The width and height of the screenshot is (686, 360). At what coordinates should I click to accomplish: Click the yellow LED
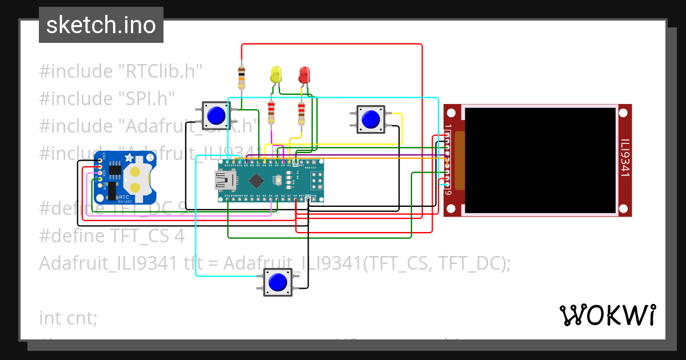[x=276, y=74]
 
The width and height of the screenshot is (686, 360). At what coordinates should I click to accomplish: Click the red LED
[x=304, y=74]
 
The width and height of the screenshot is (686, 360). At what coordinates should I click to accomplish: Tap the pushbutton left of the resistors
[x=216, y=115]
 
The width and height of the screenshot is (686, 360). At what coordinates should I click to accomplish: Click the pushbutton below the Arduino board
[x=278, y=282]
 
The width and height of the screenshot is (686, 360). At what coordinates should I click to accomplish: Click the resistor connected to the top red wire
[x=241, y=77]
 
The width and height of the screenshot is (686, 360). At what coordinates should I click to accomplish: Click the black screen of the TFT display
[x=541, y=160]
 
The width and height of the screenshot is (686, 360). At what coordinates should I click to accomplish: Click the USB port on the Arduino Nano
[x=225, y=181]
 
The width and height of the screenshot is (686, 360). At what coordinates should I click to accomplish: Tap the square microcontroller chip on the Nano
[x=256, y=181]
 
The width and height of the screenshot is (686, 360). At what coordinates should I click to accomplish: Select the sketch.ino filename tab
[x=101, y=25]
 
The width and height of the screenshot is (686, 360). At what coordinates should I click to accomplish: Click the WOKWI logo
[x=607, y=315]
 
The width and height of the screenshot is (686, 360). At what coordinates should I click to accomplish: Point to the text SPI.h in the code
[x=146, y=98]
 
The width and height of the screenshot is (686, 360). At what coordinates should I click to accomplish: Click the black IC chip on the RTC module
[x=115, y=170]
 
